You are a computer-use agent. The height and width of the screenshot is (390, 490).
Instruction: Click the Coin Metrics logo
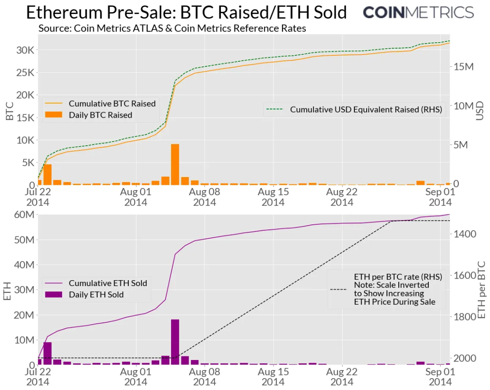[418, 12]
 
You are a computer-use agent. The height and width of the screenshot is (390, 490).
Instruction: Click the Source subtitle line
[172, 28]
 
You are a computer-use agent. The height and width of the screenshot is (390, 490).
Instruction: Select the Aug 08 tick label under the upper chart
[205, 197]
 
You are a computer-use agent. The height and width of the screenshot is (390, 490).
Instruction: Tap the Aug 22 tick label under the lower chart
[342, 376]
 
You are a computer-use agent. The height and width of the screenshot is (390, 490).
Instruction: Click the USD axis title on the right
[480, 110]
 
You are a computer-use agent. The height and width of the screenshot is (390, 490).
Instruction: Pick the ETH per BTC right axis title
[482, 289]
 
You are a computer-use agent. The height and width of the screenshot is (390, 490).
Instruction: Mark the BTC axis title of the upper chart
[10, 111]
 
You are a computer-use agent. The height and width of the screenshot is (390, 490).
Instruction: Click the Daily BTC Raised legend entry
[100, 115]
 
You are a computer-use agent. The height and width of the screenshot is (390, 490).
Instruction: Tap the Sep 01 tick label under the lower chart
[440, 376]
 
